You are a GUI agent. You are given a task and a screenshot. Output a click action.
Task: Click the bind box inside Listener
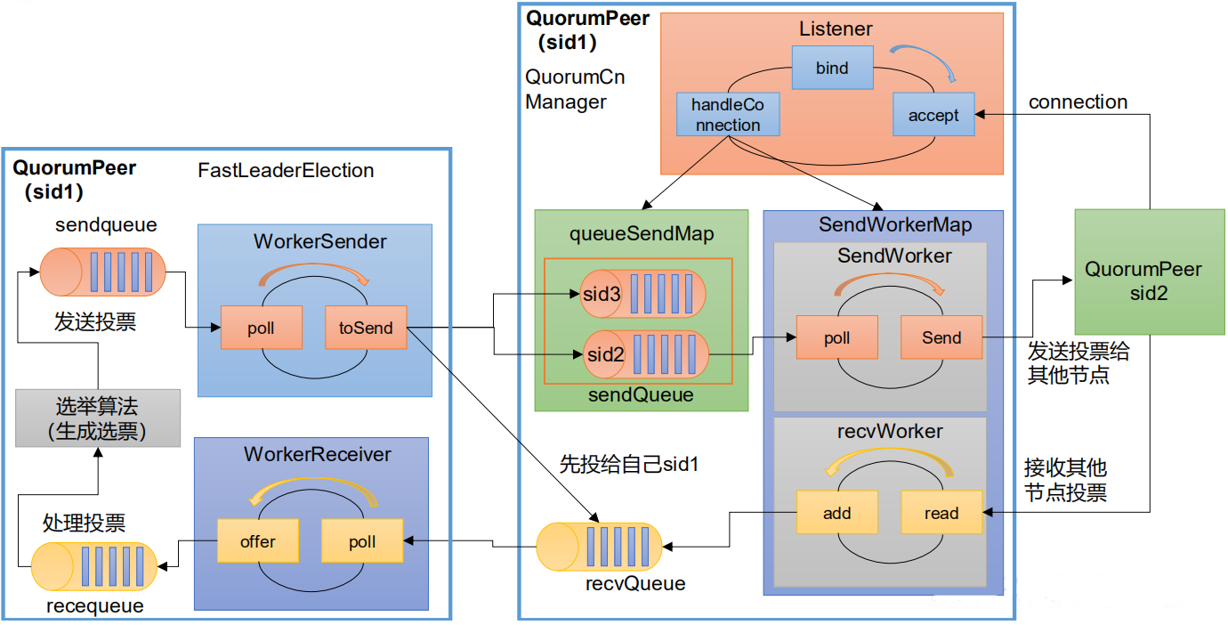point(832,68)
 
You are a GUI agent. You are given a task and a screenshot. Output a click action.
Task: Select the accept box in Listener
point(933,115)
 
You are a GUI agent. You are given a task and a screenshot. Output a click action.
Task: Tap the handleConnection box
point(727,115)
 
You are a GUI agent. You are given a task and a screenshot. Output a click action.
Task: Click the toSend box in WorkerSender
point(366,328)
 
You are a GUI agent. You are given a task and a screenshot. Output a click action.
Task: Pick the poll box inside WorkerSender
point(261,328)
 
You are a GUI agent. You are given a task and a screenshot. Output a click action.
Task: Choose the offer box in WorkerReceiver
point(258,541)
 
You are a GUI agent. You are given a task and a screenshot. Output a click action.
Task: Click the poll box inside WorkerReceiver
point(362,541)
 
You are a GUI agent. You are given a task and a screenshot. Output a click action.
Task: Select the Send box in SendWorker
point(941,337)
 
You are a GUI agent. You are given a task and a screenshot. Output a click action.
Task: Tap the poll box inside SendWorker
point(836,337)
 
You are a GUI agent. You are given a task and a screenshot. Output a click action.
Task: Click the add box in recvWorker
point(836,513)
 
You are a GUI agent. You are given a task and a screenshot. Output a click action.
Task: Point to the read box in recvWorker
point(941,513)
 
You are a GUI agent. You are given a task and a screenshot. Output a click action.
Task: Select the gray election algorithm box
point(98,418)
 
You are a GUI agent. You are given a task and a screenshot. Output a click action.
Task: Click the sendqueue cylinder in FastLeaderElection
point(102,272)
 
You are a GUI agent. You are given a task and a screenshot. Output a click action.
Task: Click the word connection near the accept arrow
point(1078,102)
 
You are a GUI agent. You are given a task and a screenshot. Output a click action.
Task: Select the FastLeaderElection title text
point(286,170)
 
